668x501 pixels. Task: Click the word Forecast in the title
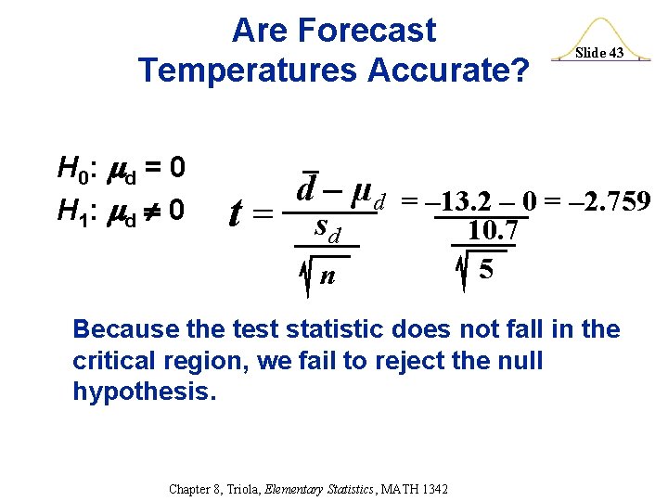(x=379, y=31)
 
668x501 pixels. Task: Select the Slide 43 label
(x=598, y=53)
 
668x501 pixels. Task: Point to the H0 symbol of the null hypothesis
(x=72, y=169)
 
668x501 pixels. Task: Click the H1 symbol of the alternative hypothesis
(x=72, y=211)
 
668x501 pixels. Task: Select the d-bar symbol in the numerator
(x=309, y=191)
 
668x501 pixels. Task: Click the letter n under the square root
(x=327, y=276)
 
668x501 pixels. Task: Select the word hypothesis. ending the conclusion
(x=144, y=391)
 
